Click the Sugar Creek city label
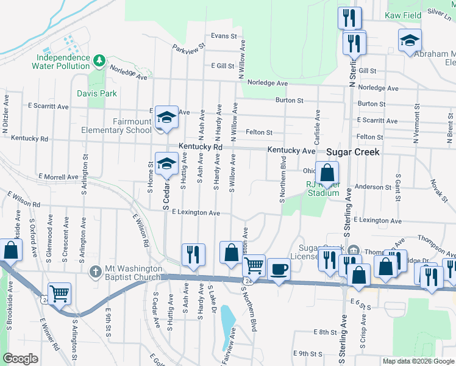tap(353, 152)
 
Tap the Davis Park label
tap(97, 93)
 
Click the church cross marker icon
tap(95, 270)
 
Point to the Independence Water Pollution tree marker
tap(99, 60)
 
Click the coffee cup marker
tap(279, 268)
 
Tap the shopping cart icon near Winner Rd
tap(59, 293)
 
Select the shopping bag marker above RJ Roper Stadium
tap(327, 172)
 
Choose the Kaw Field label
tap(402, 15)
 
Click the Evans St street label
tap(224, 36)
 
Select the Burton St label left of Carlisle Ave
tap(289, 99)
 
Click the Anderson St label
tap(372, 187)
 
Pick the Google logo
tap(20, 359)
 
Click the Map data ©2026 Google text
tap(418, 361)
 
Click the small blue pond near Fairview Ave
tap(227, 320)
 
